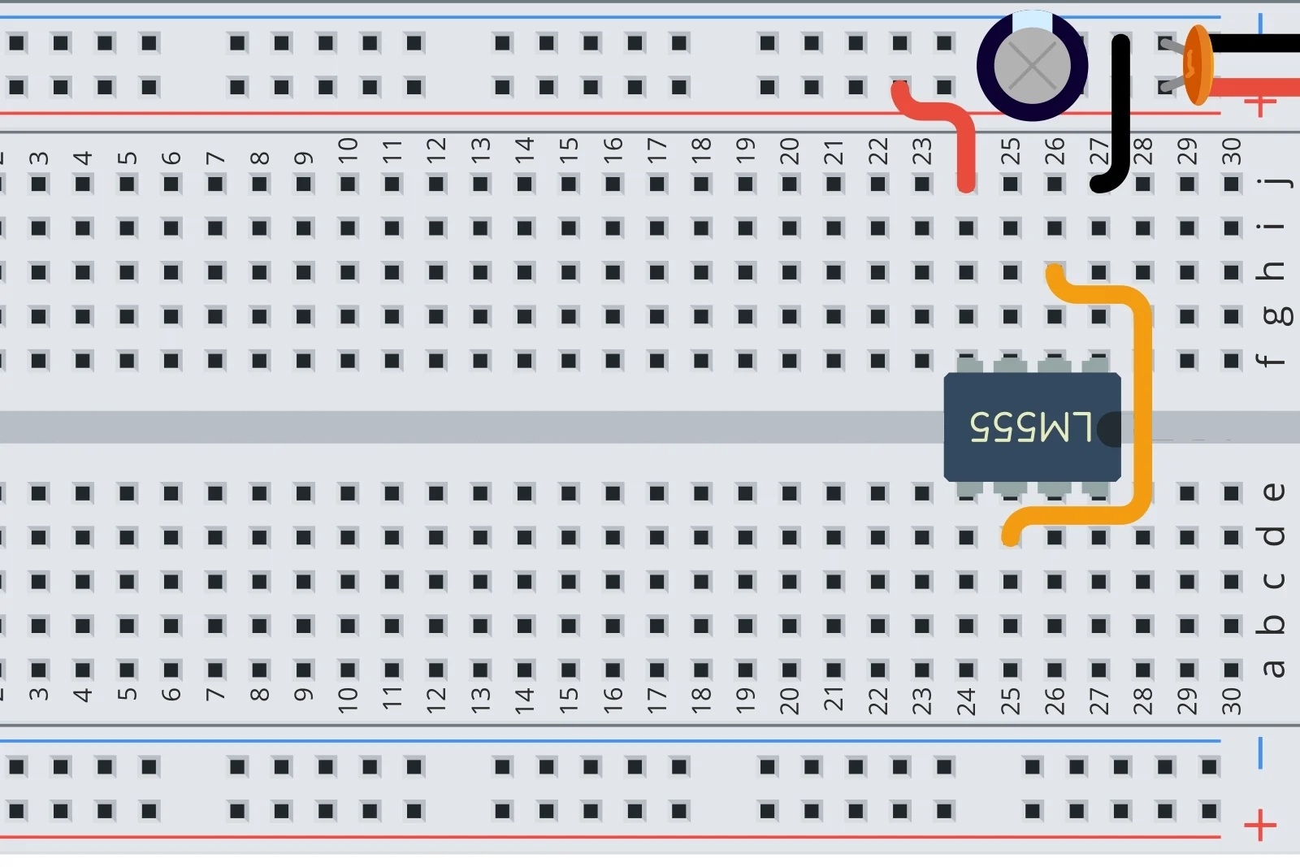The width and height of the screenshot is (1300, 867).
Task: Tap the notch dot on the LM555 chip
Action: click(x=1110, y=429)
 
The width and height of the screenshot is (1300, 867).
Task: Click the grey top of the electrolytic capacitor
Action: click(x=1032, y=65)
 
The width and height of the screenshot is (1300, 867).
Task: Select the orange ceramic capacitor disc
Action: click(x=1198, y=65)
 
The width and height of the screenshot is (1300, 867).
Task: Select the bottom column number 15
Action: click(x=569, y=696)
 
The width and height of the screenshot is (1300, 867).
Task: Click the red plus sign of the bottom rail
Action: click(x=1259, y=826)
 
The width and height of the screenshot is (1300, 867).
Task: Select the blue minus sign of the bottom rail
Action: click(x=1260, y=753)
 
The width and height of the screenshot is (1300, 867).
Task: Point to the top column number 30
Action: click(x=1232, y=151)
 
